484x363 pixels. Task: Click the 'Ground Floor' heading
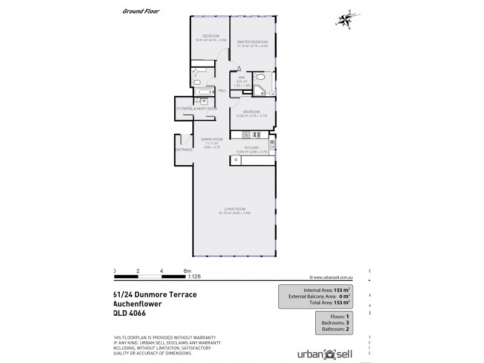tap(139, 11)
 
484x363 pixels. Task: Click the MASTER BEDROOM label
tap(252, 42)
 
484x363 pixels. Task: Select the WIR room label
tap(241, 77)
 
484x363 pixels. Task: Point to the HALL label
tap(222, 90)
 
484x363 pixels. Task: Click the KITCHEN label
tap(251, 147)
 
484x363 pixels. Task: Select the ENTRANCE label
tap(184, 149)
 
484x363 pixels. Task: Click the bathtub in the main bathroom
tap(201, 91)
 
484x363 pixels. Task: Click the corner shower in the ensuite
tap(260, 91)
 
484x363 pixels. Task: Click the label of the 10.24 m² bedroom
tap(251, 112)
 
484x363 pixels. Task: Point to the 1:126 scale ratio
tap(195, 277)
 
